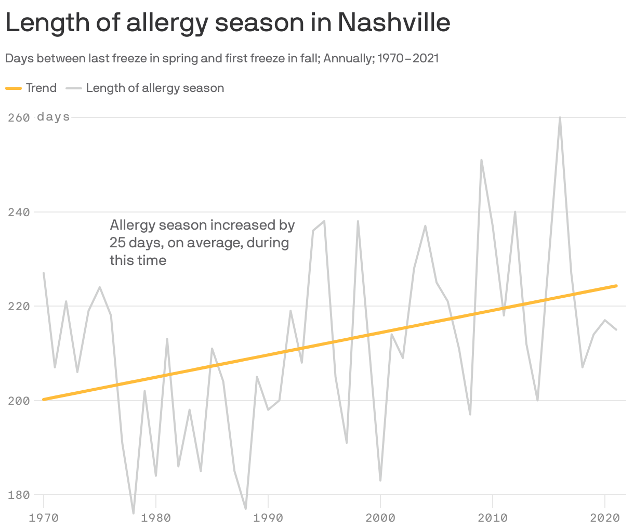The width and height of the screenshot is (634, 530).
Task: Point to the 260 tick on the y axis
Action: (19, 117)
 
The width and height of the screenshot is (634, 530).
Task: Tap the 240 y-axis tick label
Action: (19, 212)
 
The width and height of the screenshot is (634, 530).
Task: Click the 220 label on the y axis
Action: (19, 306)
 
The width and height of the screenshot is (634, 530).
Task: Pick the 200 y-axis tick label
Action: (19, 401)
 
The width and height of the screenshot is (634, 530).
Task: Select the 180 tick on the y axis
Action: (19, 495)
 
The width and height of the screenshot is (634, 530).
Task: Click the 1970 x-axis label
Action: (44, 518)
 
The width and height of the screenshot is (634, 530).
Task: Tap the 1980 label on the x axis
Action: (156, 518)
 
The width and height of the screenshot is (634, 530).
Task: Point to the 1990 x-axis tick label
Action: (268, 518)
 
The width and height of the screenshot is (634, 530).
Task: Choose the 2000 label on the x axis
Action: (380, 518)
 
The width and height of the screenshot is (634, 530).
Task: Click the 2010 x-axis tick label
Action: (493, 518)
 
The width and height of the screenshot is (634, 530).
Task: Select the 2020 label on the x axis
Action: (605, 518)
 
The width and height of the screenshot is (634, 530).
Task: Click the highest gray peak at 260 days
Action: (560, 117)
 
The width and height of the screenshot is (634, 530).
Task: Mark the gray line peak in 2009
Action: (481, 160)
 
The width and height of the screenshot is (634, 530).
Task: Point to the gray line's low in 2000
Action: (380, 480)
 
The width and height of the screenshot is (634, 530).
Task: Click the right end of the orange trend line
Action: (616, 286)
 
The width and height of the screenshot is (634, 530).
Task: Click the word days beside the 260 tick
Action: (53, 117)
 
